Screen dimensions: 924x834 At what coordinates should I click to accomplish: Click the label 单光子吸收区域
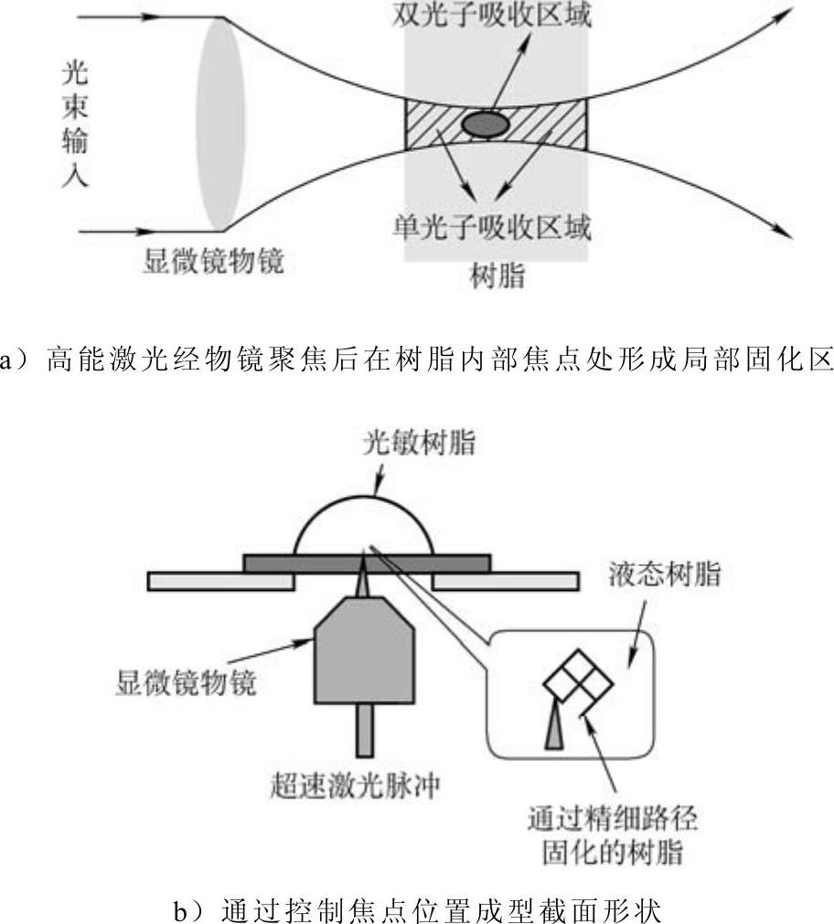(x=493, y=225)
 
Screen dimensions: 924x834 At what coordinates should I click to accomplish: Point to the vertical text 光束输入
(x=76, y=124)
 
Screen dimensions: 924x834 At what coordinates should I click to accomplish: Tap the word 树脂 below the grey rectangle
(x=497, y=275)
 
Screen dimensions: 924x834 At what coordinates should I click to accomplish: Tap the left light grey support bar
(x=219, y=581)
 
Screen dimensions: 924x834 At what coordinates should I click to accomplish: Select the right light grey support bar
(x=505, y=581)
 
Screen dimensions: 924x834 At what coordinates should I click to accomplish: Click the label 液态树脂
(x=665, y=575)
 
